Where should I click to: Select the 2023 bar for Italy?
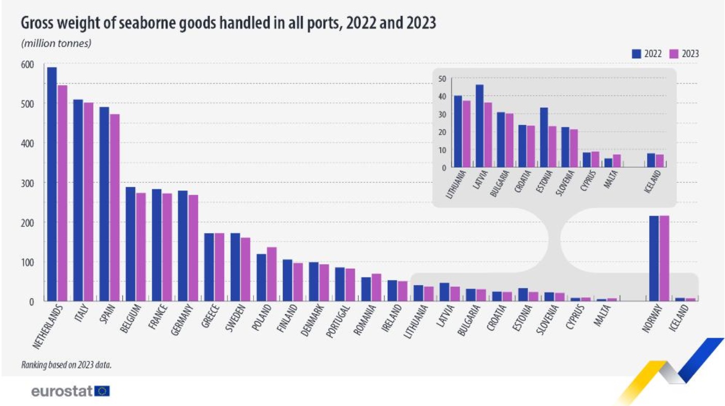tap(88, 202)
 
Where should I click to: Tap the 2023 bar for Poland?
tap(272, 274)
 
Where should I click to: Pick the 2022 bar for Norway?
tap(654, 258)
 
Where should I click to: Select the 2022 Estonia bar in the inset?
tap(544, 137)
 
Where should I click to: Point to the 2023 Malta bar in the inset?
tap(617, 160)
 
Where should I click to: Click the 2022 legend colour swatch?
tap(636, 54)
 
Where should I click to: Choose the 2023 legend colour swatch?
tap(673, 54)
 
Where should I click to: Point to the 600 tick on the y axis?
tap(27, 64)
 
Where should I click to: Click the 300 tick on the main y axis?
tap(27, 183)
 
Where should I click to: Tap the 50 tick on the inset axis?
tap(442, 79)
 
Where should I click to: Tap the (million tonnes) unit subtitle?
tap(56, 43)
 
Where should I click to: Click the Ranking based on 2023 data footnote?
tap(67, 365)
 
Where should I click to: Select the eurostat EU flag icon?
tap(102, 392)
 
